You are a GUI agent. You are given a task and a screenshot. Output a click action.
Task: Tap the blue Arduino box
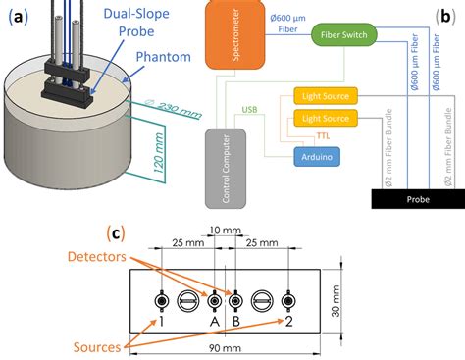(x=312, y=157)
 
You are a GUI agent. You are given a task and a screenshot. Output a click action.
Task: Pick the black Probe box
(x=410, y=197)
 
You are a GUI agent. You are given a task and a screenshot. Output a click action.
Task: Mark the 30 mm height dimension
(x=336, y=300)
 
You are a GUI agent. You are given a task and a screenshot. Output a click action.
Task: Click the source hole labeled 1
(x=161, y=299)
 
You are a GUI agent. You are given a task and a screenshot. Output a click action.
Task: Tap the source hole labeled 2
(x=286, y=299)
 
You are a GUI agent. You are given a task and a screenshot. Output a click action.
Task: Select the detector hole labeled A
(x=213, y=299)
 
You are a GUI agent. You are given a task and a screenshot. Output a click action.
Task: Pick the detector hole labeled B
(x=234, y=299)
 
